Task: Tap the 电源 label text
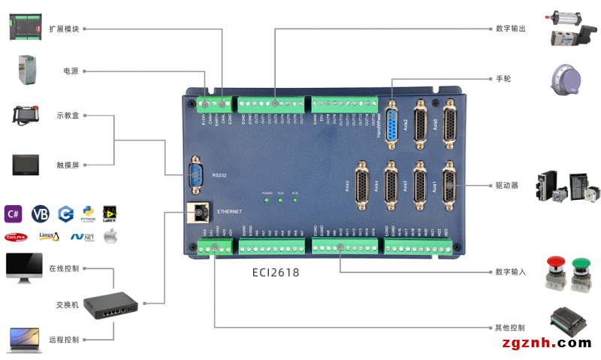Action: click(x=71, y=71)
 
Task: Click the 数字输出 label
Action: click(x=511, y=29)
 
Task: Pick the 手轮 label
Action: click(x=503, y=78)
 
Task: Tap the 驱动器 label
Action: click(x=507, y=185)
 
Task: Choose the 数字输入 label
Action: click(x=511, y=271)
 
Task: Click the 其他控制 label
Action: click(x=510, y=328)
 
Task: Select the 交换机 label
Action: click(x=67, y=305)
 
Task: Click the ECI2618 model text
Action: click(x=275, y=273)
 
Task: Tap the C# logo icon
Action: click(x=14, y=213)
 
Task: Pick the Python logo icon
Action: click(x=89, y=213)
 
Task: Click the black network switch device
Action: click(x=110, y=304)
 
